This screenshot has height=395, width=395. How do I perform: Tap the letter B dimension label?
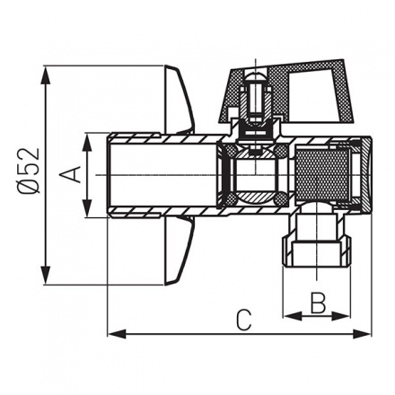[317, 303]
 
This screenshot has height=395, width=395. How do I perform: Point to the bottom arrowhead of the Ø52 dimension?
[44, 279]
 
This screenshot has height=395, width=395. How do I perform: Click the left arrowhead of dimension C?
[113, 334]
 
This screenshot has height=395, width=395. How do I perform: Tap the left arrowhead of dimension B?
[288, 315]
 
